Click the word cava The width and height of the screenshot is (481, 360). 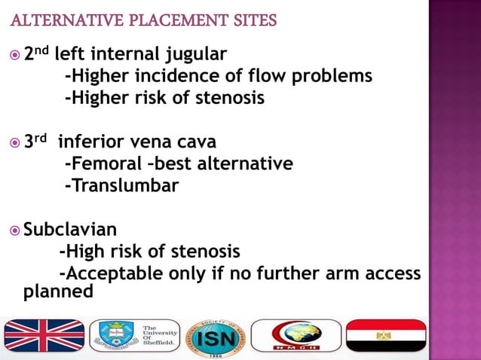click(194, 142)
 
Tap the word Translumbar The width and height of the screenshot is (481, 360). click(122, 185)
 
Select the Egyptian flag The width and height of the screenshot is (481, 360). click(385, 336)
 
